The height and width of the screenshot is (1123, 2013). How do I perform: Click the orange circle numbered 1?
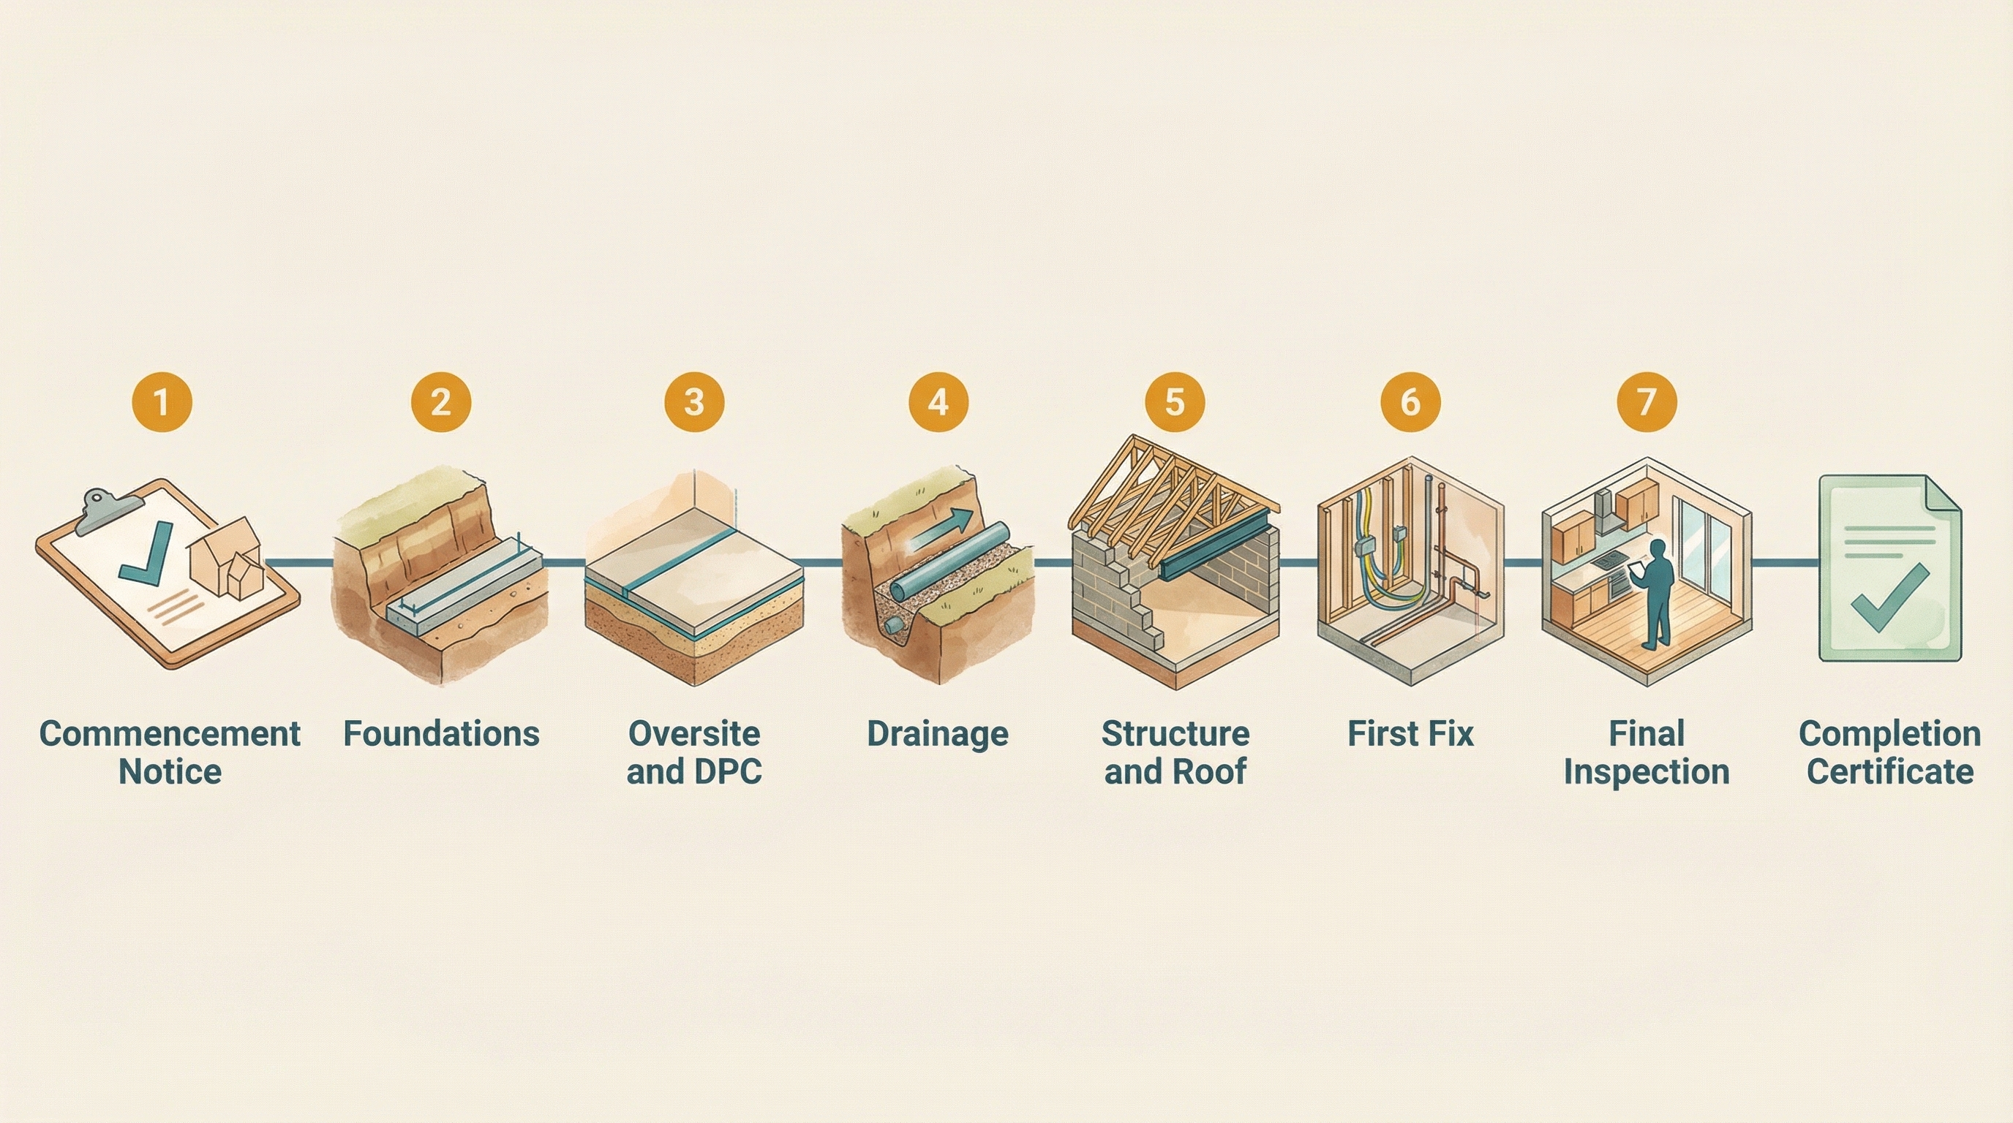pos(162,402)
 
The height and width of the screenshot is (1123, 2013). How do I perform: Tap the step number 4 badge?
pos(938,402)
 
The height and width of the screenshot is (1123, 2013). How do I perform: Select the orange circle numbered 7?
pos(1647,402)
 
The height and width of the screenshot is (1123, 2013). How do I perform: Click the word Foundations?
pos(441,734)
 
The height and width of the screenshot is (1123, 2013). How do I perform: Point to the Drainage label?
pos(938,734)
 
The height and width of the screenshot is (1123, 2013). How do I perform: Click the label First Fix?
pos(1410,734)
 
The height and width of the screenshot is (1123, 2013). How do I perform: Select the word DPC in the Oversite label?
pos(727,772)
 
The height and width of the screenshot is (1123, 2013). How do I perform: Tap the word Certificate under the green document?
pos(1889,772)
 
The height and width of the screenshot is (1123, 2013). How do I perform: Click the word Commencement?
pos(170,734)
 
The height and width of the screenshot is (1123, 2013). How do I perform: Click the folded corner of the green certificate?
pos(1944,496)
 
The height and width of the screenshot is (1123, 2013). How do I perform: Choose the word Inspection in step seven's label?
pos(1647,772)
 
